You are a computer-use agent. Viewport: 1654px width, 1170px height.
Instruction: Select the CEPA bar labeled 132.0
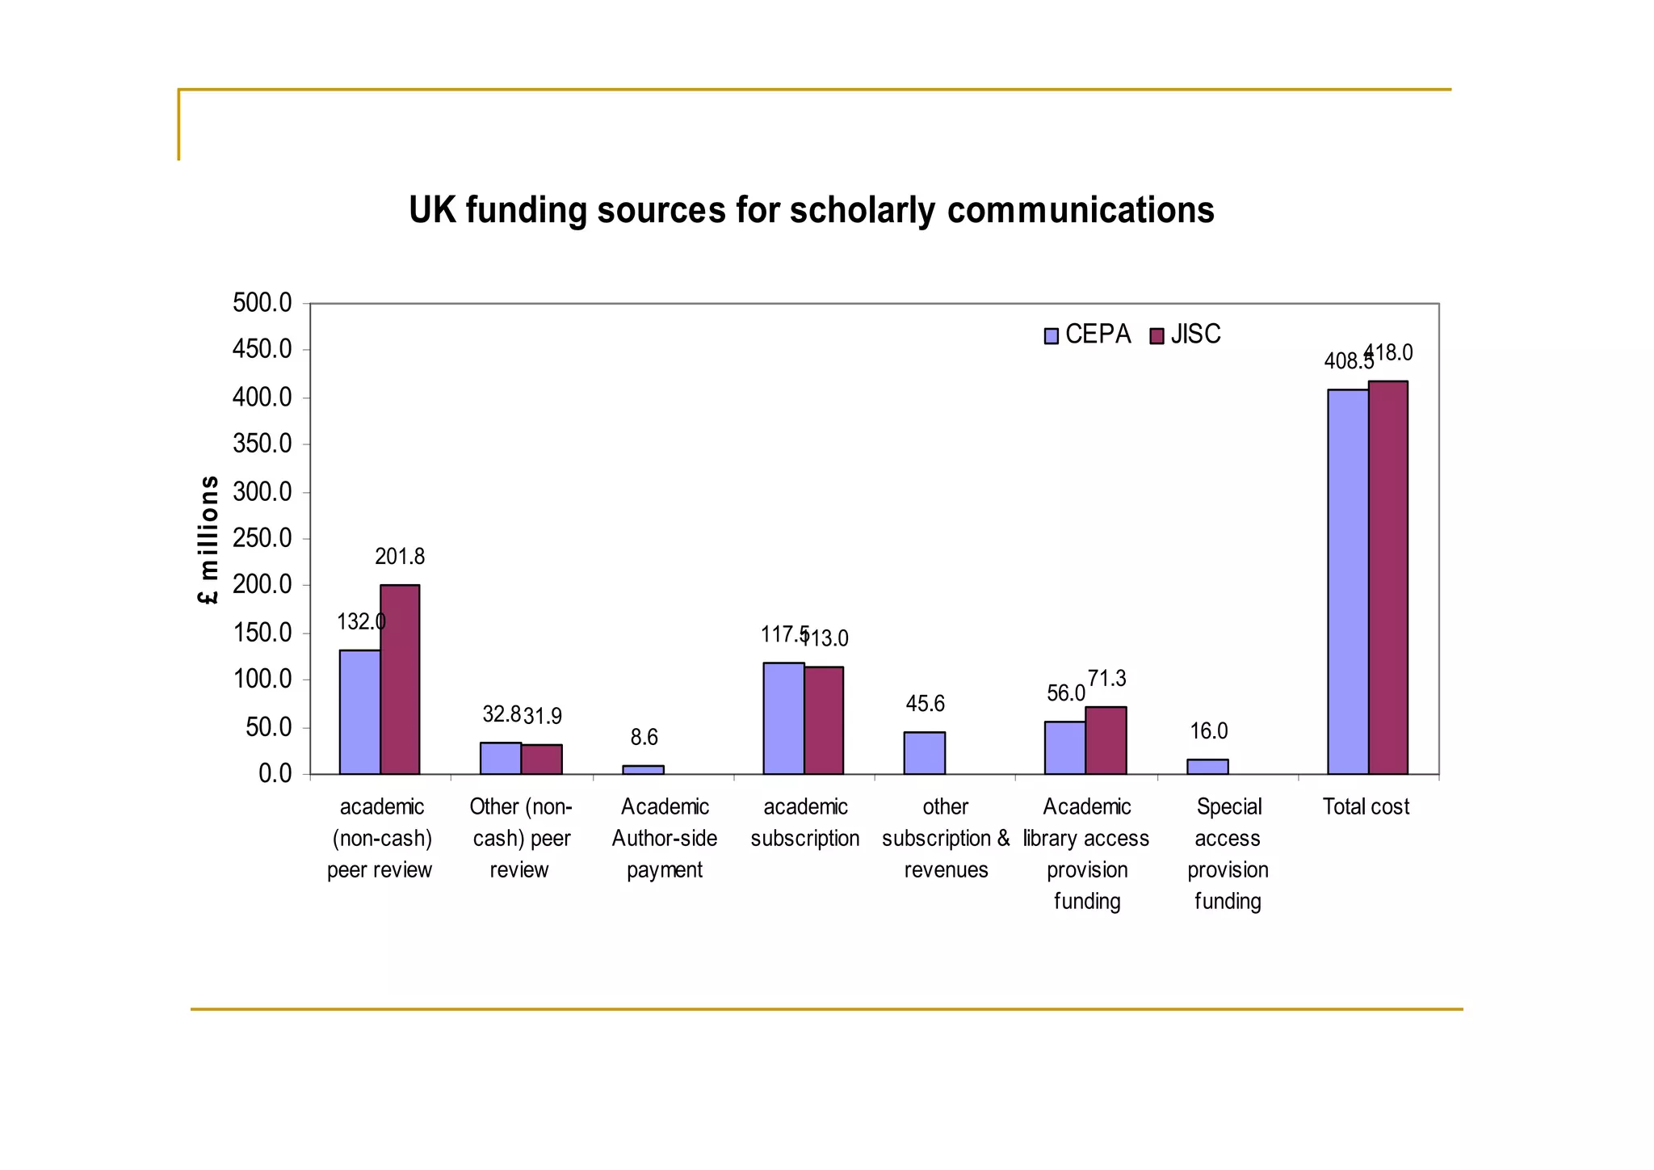[359, 712]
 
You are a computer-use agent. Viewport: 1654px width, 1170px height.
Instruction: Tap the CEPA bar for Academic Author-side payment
[643, 770]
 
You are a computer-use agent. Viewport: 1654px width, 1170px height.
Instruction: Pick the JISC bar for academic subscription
[824, 720]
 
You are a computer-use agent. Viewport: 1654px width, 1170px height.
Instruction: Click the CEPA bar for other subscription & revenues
[924, 753]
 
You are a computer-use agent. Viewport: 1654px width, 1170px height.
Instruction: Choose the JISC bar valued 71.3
[1106, 740]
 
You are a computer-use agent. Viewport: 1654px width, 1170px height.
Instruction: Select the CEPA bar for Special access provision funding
[1207, 767]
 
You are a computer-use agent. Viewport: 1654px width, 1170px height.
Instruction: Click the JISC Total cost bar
[1388, 577]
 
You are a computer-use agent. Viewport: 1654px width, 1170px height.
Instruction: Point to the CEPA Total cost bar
[1348, 582]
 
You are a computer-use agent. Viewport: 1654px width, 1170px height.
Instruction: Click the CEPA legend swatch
[1051, 336]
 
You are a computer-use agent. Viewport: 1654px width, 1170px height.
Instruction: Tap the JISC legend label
[1195, 335]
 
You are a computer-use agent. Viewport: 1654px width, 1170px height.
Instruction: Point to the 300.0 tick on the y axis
[262, 491]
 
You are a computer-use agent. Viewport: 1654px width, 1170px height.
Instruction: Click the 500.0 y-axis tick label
[262, 303]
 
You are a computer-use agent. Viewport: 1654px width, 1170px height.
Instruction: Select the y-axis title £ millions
[208, 539]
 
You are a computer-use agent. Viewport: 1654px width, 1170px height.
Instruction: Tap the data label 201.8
[399, 557]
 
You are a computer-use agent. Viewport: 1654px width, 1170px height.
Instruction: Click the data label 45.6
[925, 704]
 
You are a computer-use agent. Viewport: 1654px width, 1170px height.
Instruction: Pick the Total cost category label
[1366, 806]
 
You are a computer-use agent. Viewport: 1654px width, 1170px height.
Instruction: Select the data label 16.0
[1208, 731]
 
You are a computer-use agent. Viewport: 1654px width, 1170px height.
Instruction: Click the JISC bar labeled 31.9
[541, 759]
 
